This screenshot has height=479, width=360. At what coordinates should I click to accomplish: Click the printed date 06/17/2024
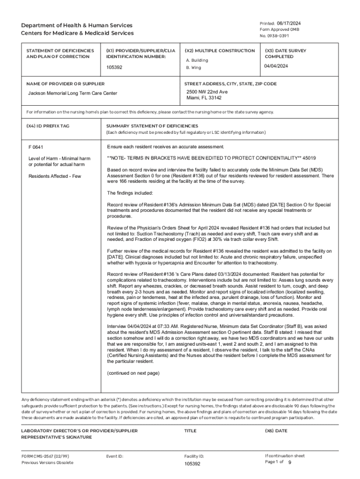click(288, 23)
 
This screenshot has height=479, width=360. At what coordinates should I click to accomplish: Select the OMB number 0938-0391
click(274, 36)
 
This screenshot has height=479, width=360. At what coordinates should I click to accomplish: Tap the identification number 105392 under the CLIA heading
click(114, 67)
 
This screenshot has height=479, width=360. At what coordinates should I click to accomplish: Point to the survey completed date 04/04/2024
click(276, 66)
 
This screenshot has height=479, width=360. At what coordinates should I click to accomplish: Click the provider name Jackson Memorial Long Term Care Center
click(73, 93)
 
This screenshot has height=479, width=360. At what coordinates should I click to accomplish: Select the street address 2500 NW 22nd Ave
click(207, 92)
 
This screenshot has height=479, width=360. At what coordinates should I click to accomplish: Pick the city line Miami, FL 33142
click(204, 98)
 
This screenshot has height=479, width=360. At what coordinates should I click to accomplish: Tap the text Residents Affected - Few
click(54, 176)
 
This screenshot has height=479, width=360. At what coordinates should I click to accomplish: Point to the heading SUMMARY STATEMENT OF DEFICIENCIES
click(152, 126)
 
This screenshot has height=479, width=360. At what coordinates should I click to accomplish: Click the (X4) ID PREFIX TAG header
click(48, 126)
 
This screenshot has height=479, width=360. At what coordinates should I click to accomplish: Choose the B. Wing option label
click(194, 67)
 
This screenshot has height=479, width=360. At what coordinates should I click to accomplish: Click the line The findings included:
click(127, 193)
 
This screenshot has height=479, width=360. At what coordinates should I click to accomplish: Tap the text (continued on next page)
click(133, 373)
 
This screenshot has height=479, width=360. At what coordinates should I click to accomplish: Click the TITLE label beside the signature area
click(190, 431)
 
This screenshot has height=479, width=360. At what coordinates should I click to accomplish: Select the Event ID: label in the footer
click(115, 456)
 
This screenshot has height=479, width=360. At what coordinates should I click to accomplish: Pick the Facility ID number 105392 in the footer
click(192, 464)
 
